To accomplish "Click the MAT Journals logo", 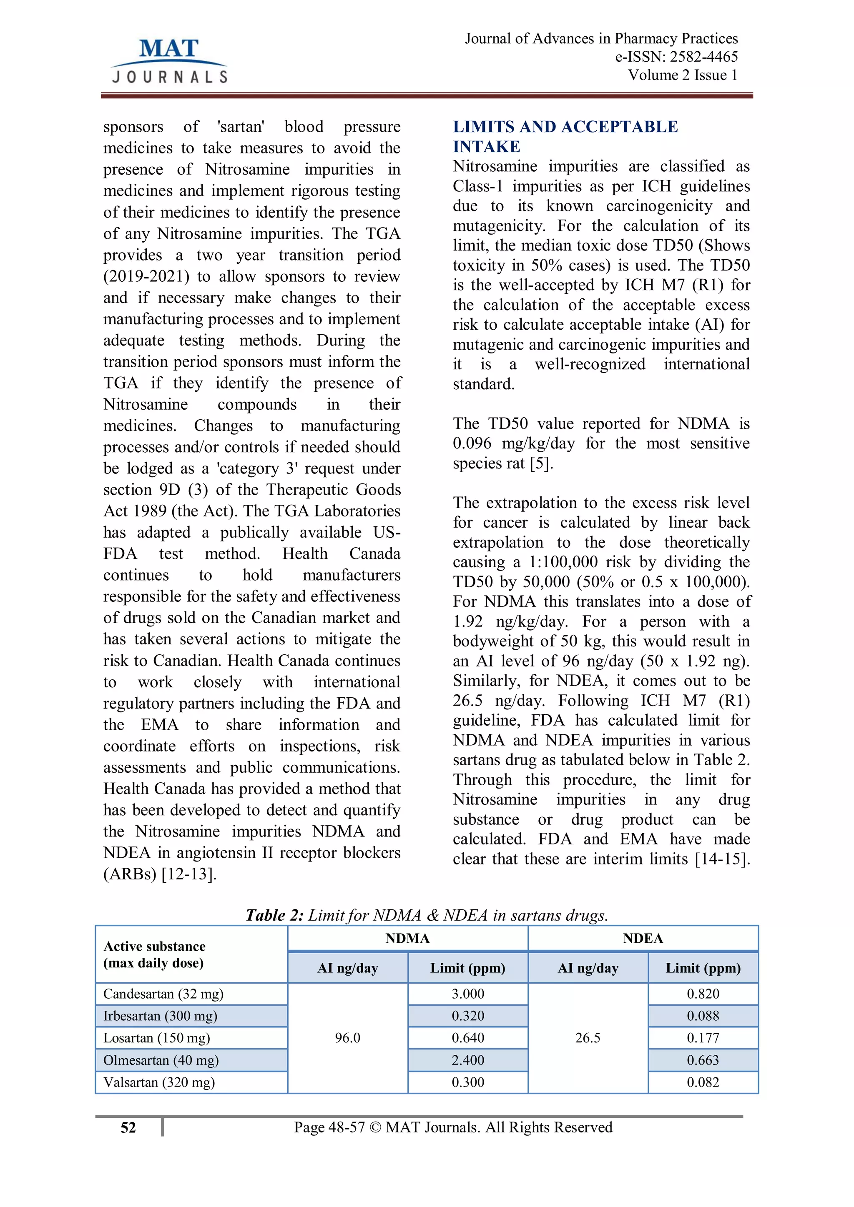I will click(169, 61).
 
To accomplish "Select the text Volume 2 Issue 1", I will click(683, 75).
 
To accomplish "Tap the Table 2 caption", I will click(427, 915).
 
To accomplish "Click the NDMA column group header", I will click(407, 938).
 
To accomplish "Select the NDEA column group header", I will click(643, 938).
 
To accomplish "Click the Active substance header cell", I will click(155, 955).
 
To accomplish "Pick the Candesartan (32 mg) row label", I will click(163, 994).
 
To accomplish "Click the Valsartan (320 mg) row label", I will click(159, 1082).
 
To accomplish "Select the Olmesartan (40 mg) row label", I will click(161, 1060).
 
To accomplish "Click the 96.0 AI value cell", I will click(348, 1038).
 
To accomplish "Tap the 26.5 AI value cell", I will click(588, 1038).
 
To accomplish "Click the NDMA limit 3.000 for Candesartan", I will click(467, 994).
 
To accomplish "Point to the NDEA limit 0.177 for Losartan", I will click(703, 1038).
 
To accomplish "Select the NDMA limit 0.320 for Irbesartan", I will click(467, 1016).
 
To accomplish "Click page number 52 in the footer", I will click(128, 1127).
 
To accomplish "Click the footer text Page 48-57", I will click(329, 1127).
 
